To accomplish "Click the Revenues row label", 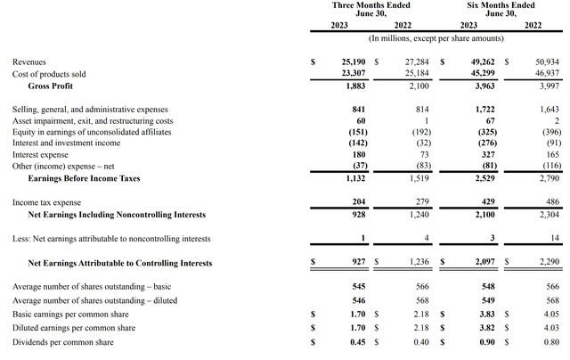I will [29, 62].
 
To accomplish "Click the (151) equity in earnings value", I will [355, 132].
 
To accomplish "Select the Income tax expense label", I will [45, 202].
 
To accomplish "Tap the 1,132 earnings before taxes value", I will [355, 178].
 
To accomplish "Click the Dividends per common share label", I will [62, 343].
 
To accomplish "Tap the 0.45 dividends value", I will [357, 343].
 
